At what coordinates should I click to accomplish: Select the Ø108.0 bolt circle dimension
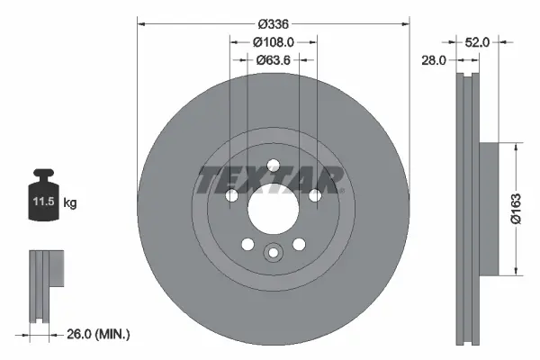point(274,41)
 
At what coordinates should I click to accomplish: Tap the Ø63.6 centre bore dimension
point(274,60)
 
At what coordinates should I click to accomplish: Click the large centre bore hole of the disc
point(273,215)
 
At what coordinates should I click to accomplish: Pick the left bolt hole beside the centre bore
point(232,195)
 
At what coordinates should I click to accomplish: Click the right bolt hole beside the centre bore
point(314,195)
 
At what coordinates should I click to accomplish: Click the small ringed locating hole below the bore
point(273,254)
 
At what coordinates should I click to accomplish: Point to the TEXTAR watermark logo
point(270,180)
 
